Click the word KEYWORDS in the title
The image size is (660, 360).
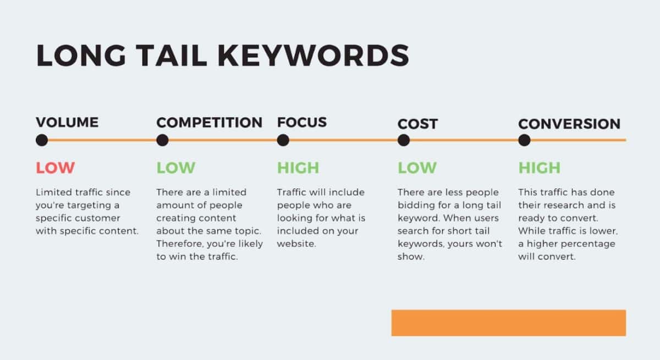[313, 56]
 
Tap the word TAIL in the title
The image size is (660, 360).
[172, 56]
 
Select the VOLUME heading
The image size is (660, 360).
[67, 122]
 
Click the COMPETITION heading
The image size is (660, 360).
[209, 122]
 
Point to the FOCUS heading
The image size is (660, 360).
[302, 122]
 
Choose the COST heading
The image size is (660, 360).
[417, 124]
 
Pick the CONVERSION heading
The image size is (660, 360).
[569, 124]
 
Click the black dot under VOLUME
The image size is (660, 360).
[42, 140]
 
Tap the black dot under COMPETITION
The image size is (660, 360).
[162, 140]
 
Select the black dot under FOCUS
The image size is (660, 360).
[283, 140]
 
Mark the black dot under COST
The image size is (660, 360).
[404, 140]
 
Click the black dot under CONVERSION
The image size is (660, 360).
[525, 140]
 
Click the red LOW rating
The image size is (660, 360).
[56, 168]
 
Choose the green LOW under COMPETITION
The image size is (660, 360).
[176, 168]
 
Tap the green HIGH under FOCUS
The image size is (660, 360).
[298, 168]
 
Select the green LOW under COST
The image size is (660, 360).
[417, 168]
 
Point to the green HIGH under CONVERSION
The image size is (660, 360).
[540, 168]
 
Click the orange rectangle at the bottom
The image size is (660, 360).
[509, 323]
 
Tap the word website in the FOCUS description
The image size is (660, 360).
[296, 243]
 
